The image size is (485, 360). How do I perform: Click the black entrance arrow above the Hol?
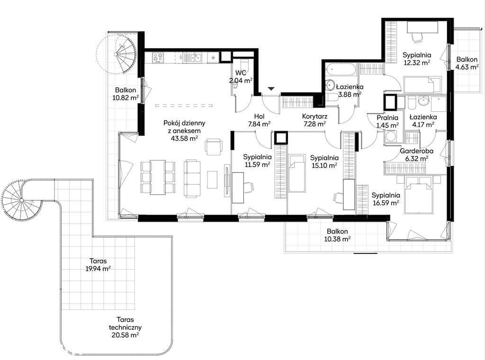[x=271, y=89]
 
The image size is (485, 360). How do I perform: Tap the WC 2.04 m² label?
[x=241, y=77]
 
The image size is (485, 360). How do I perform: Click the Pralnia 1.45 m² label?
[x=387, y=122]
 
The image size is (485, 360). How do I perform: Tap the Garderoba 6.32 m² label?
[x=416, y=155]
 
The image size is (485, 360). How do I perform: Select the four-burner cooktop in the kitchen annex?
[x=158, y=57]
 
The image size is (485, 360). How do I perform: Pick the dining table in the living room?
[x=158, y=177]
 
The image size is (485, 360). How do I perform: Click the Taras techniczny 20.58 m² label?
[x=125, y=327]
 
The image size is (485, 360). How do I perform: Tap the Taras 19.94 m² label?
[x=99, y=265]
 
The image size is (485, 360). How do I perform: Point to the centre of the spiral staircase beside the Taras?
[x=21, y=200]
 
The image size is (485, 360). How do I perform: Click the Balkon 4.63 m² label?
[x=467, y=63]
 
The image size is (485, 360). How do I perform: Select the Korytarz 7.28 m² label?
[x=314, y=120]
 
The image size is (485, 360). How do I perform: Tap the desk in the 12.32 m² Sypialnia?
[x=422, y=27]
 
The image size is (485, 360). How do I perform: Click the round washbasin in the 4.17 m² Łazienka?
[x=423, y=100]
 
